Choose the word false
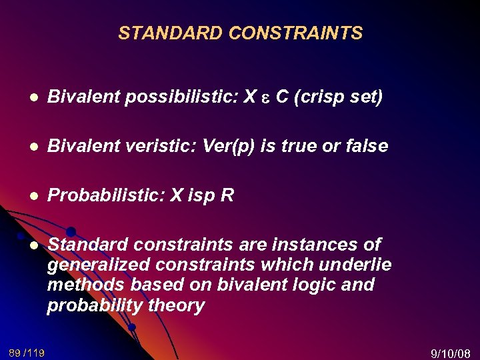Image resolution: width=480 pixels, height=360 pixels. tap(366, 146)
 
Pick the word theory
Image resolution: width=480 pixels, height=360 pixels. tap(174, 306)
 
